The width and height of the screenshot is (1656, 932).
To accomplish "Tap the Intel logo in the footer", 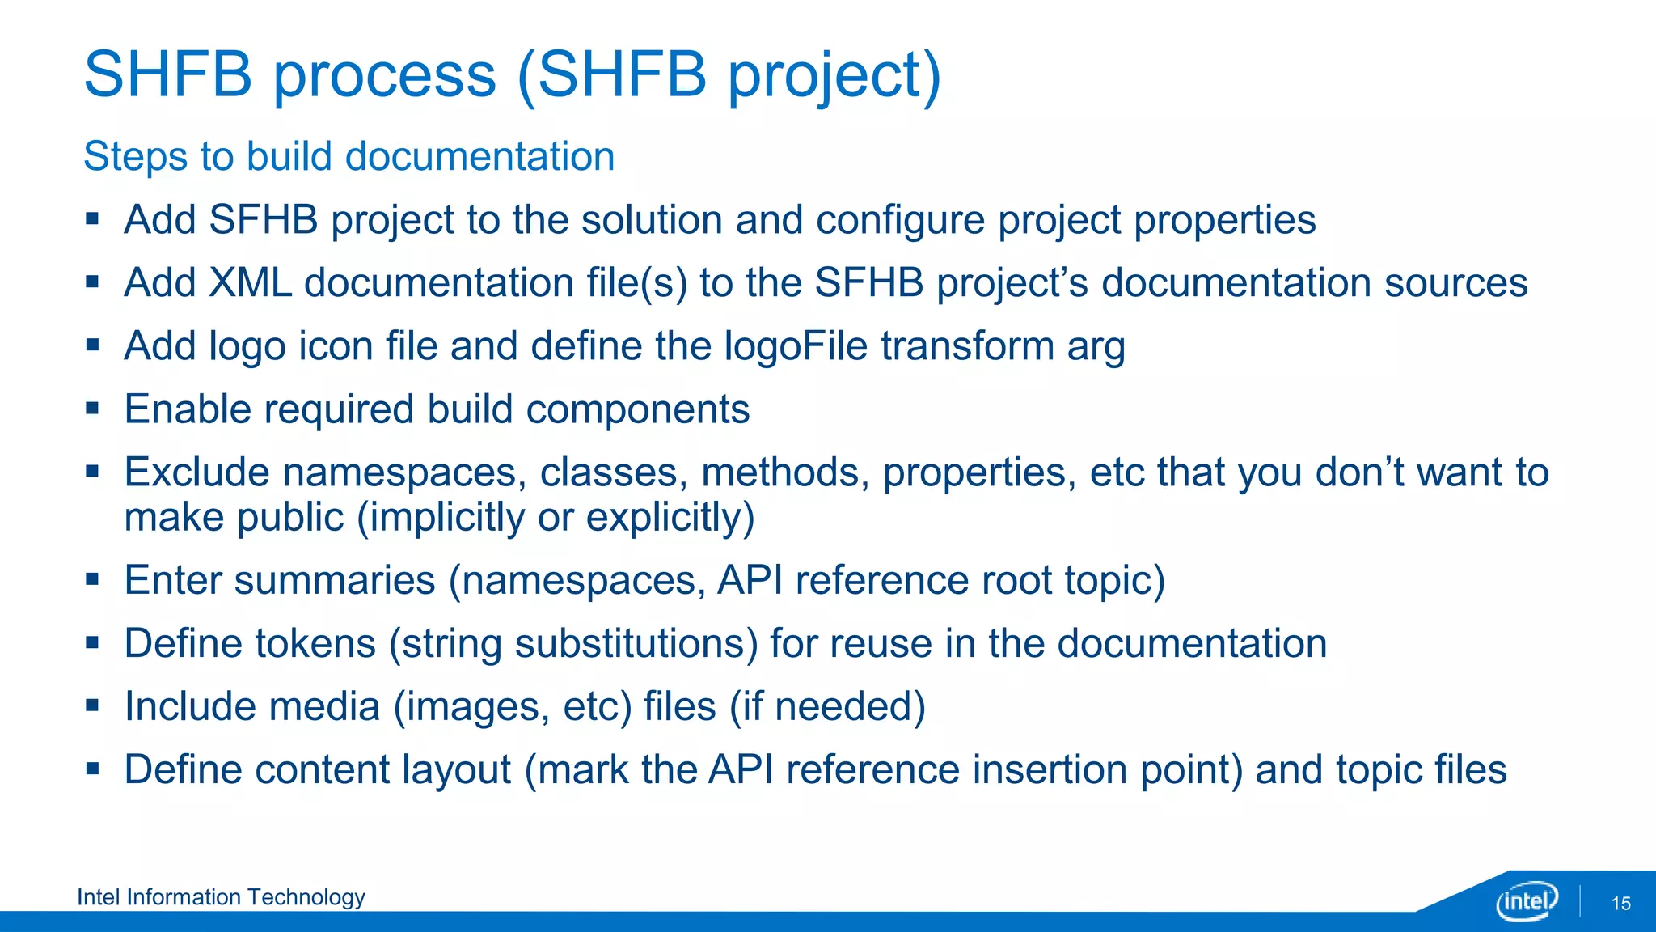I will tap(1526, 900).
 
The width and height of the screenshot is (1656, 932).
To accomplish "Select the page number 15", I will tap(1620, 904).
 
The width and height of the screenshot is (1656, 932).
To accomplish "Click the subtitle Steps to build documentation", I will tap(349, 156).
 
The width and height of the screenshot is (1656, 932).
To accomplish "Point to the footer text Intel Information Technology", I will tap(221, 897).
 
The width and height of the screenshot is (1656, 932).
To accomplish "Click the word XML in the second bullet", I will tap(249, 283).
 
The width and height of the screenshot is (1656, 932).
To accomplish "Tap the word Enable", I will tap(188, 409).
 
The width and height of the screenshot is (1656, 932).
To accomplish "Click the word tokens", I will tap(315, 644).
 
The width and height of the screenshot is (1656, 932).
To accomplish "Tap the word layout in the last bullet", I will tap(456, 770).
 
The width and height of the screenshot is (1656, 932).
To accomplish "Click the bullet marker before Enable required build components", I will tap(92, 409).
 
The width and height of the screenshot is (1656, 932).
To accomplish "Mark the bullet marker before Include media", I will tap(92, 705).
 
